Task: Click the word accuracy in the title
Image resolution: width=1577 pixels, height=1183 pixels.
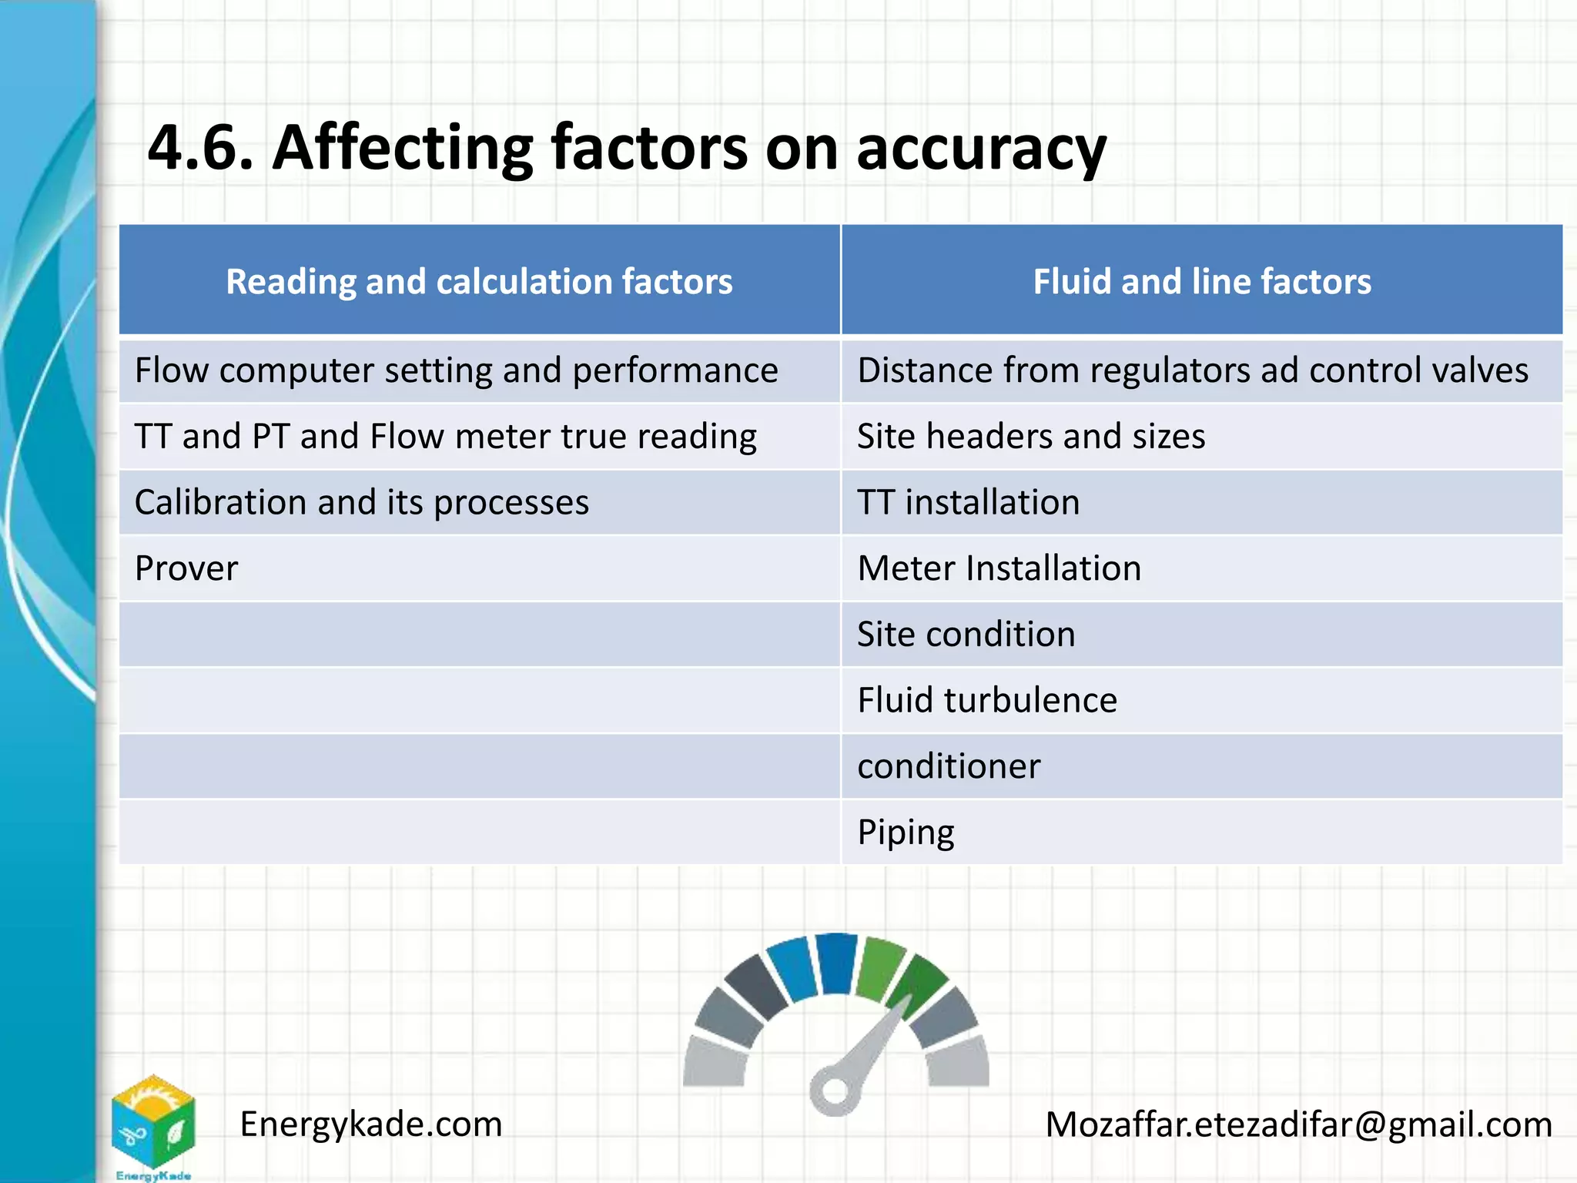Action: pyautogui.click(x=981, y=149)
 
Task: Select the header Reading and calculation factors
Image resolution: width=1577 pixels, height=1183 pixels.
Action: pyautogui.click(x=479, y=281)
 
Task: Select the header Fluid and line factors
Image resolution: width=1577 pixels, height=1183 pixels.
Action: pyautogui.click(x=1201, y=281)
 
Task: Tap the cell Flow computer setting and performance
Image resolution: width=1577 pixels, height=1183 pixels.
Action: pyautogui.click(x=456, y=370)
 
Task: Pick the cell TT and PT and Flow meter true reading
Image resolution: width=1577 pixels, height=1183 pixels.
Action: pyautogui.click(x=445, y=437)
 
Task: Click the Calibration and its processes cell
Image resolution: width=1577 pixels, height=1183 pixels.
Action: pyautogui.click(x=362, y=502)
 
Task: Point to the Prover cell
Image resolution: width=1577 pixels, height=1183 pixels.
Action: pyautogui.click(x=186, y=568)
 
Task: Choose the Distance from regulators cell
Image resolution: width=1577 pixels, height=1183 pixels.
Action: pyautogui.click(x=1192, y=370)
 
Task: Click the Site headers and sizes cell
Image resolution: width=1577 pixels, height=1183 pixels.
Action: pyautogui.click(x=1031, y=437)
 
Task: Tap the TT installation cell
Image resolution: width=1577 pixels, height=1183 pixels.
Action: pyautogui.click(x=968, y=502)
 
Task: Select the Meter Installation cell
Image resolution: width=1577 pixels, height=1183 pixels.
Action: pyautogui.click(x=999, y=568)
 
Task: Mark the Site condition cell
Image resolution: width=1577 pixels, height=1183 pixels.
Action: pyautogui.click(x=966, y=635)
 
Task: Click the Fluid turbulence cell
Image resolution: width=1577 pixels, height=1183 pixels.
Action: pyautogui.click(x=987, y=700)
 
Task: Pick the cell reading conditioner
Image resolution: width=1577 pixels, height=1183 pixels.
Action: pyautogui.click(x=949, y=766)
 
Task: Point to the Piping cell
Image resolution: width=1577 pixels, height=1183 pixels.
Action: pyautogui.click(x=906, y=833)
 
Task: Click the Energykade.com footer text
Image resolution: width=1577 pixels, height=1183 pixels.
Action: pyautogui.click(x=370, y=1124)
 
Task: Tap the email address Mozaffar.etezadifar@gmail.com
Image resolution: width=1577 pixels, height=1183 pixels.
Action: pyautogui.click(x=1298, y=1124)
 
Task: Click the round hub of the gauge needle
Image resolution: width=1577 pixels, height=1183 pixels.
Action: pyautogui.click(x=833, y=1090)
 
